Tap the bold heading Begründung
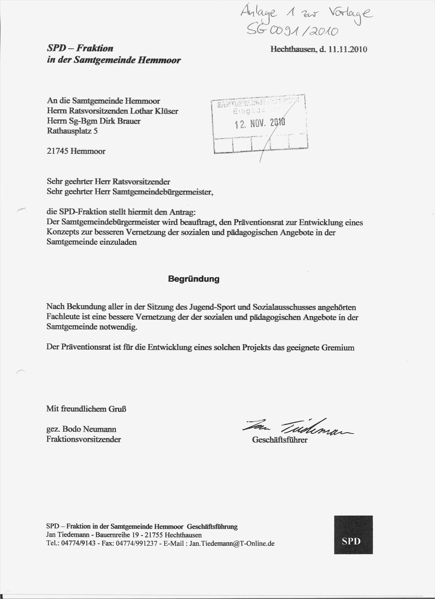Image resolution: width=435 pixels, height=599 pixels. [194, 279]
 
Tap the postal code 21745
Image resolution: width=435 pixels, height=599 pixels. [57, 151]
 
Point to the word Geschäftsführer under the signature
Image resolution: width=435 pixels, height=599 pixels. [280, 440]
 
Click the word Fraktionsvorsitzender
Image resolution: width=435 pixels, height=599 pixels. [84, 439]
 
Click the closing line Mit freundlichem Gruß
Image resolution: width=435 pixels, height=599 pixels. [86, 409]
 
